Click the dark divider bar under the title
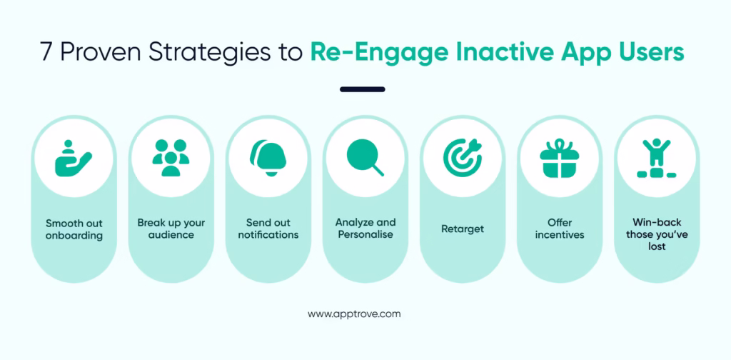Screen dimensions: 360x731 (363, 89)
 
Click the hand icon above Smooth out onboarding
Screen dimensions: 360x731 (74, 158)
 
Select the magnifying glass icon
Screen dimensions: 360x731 (365, 158)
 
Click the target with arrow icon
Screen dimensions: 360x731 (462, 158)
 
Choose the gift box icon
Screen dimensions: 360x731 (559, 158)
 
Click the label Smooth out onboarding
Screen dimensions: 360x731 (74, 229)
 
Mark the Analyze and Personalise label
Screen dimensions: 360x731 (365, 229)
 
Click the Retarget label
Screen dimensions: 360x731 (462, 229)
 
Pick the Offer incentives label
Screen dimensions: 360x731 (559, 229)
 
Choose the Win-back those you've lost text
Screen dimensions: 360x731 (656, 234)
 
